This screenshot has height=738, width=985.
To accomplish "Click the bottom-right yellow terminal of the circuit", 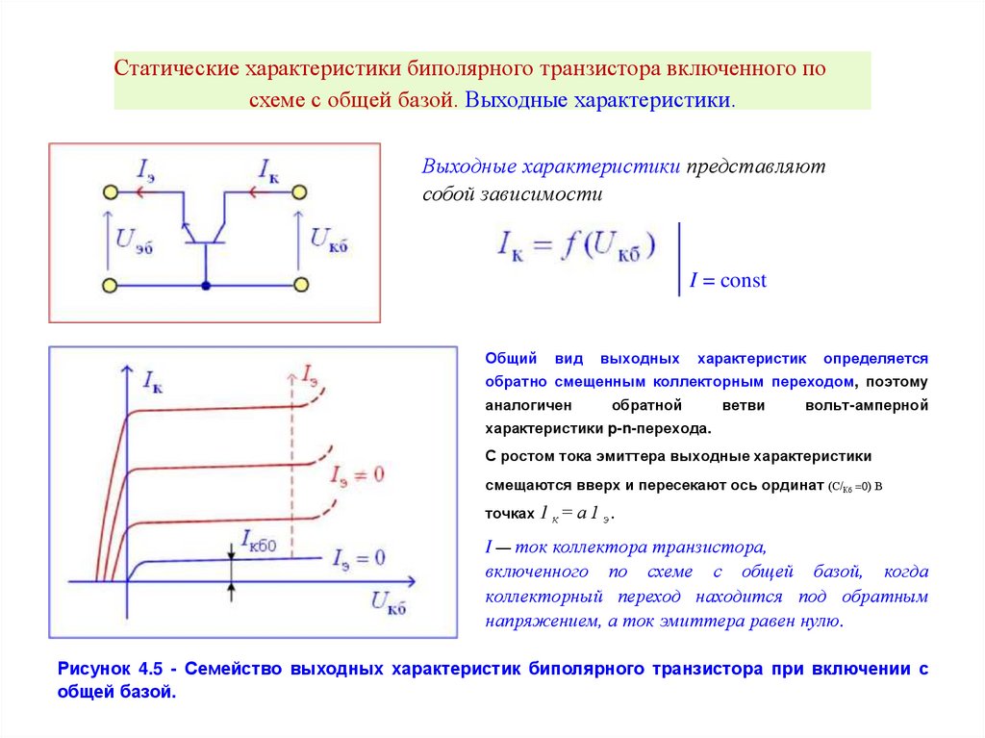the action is (x=301, y=285).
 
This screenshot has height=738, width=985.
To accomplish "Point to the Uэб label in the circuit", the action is (x=134, y=240).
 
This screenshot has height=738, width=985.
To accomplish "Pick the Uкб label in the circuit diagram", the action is (x=328, y=240).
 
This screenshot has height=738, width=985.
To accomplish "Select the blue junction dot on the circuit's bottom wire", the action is (x=206, y=285).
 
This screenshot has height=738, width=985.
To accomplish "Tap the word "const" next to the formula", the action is (x=743, y=281).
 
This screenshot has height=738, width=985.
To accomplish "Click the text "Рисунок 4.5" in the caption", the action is (x=109, y=669).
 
